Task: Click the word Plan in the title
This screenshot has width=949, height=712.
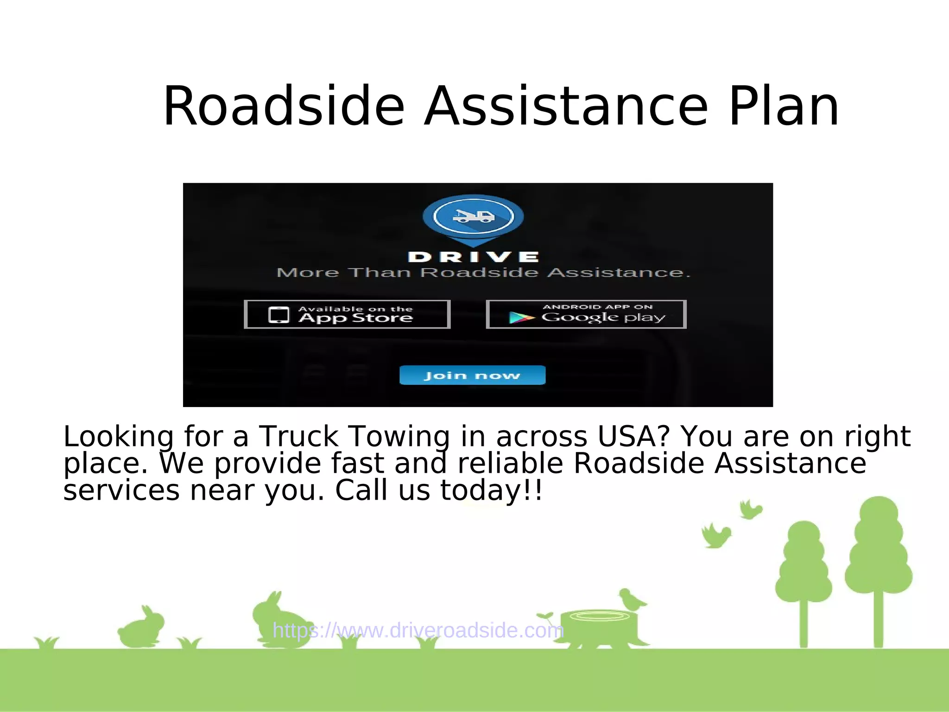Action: click(x=784, y=107)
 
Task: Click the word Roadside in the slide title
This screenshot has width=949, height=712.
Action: click(x=284, y=107)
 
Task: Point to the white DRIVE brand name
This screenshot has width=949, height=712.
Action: click(x=473, y=257)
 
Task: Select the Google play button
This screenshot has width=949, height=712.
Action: click(x=586, y=314)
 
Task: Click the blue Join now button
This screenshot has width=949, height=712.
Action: click(x=472, y=375)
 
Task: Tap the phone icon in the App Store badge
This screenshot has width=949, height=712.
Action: click(x=278, y=315)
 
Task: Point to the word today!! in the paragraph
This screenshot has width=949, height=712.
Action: click(x=491, y=490)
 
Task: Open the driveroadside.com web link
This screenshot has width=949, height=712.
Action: click(x=418, y=630)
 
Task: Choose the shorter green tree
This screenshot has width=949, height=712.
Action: click(x=803, y=579)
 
